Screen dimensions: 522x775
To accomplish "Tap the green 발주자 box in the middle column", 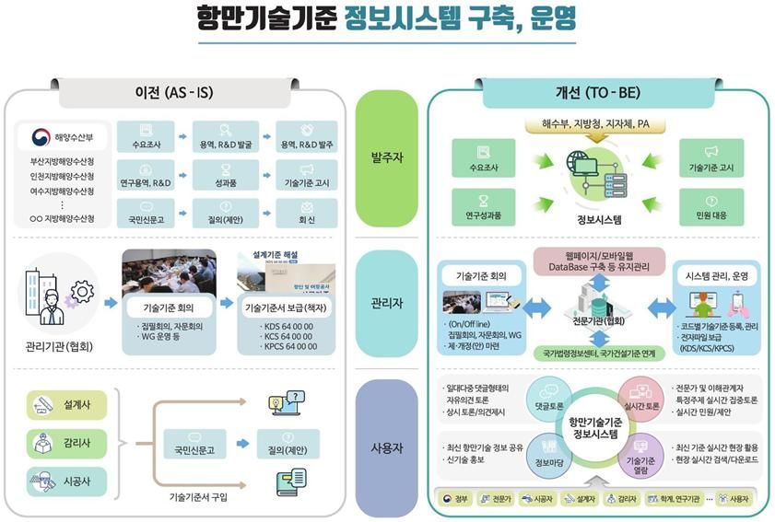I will [386, 157].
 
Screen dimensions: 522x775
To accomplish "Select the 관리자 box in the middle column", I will [386, 303].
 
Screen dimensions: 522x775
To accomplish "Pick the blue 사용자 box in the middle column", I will [386, 447].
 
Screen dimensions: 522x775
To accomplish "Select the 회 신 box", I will [307, 214].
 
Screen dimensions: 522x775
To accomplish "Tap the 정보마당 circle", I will [549, 455].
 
